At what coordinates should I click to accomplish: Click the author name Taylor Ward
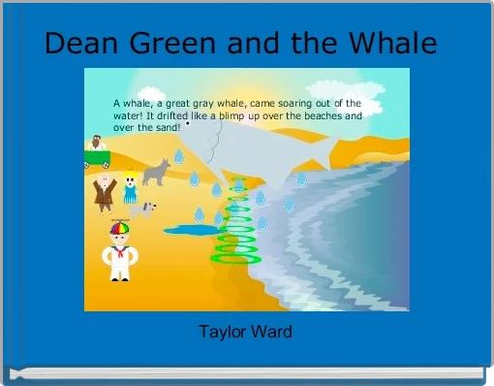pyautogui.click(x=245, y=332)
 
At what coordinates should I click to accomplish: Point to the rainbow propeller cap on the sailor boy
pyautogui.click(x=119, y=228)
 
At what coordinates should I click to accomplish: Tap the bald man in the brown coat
pyautogui.click(x=104, y=190)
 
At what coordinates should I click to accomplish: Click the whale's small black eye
pyautogui.click(x=188, y=124)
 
